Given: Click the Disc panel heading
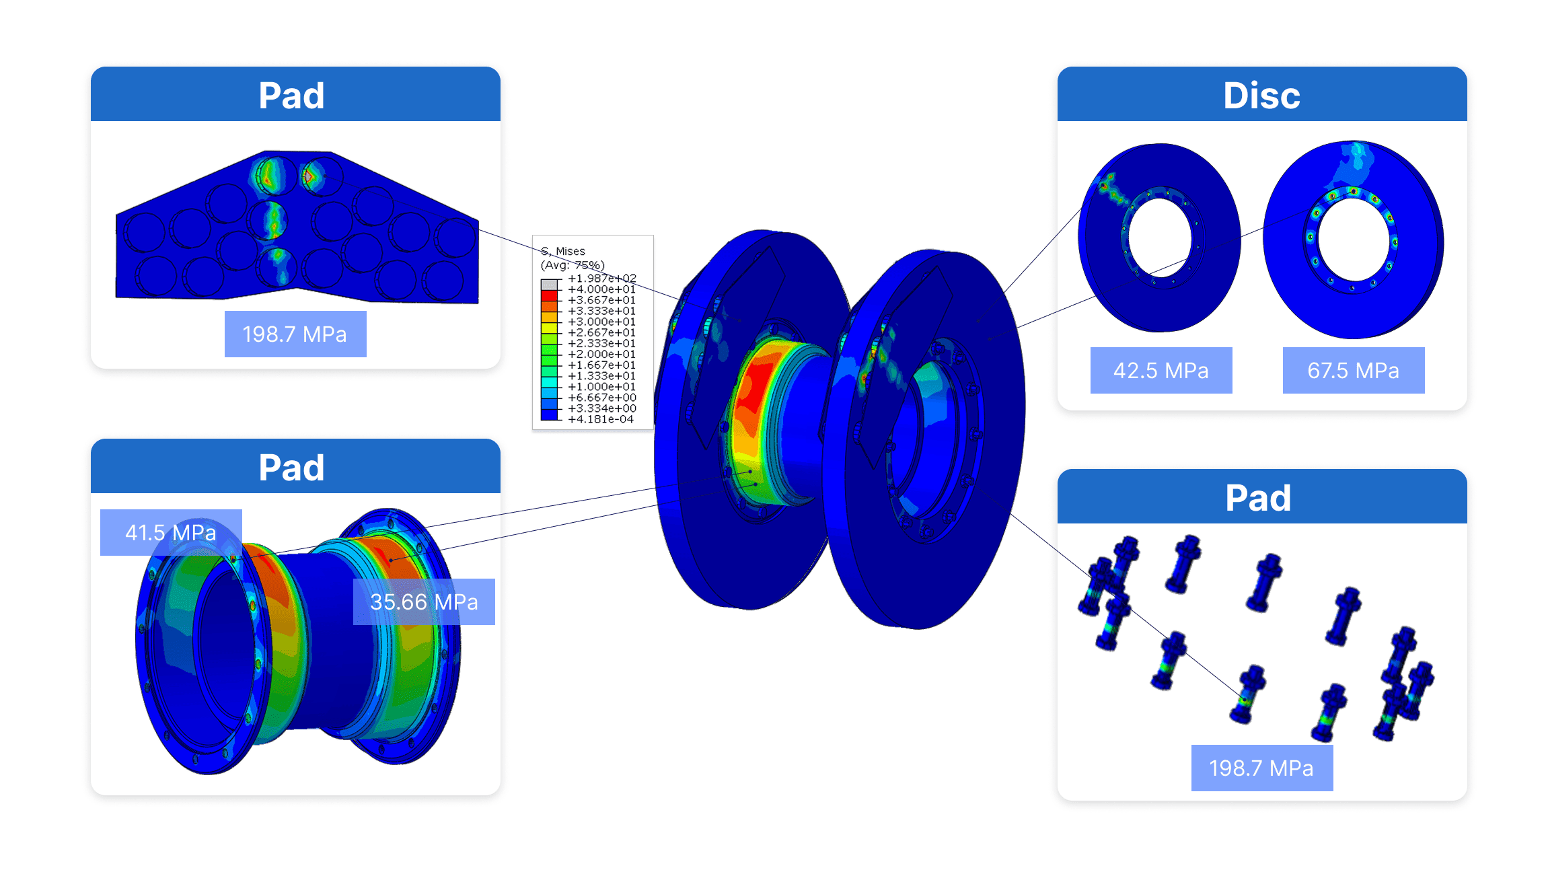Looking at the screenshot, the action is (x=1261, y=95).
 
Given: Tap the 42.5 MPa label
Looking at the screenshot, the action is (x=1161, y=371).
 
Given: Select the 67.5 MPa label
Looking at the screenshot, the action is (x=1353, y=371).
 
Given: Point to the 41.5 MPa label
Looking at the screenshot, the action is (x=170, y=533).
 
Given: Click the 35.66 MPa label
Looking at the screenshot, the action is (x=424, y=602).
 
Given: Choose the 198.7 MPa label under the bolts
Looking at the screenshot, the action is (x=1261, y=768).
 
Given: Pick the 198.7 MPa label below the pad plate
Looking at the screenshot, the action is (x=295, y=334).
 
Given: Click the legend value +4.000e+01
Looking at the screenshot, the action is (x=601, y=289).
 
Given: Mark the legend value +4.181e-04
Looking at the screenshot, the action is (x=601, y=419).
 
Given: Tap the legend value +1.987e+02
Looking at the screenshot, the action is (x=601, y=279).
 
